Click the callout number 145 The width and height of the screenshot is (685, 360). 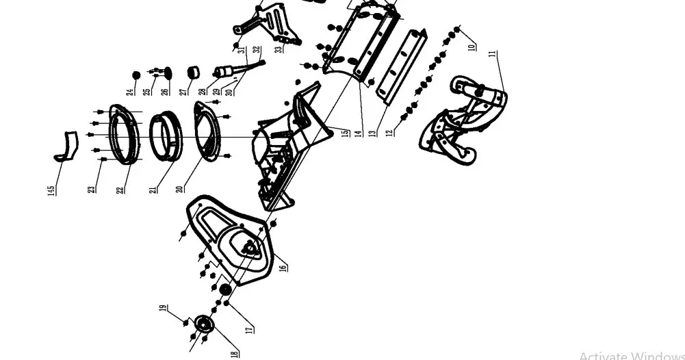pos(51,190)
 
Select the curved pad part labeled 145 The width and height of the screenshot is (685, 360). pos(66,146)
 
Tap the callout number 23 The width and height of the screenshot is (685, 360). pos(92,187)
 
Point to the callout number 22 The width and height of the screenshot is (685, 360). pos(121,187)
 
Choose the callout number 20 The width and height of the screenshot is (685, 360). pos(179,187)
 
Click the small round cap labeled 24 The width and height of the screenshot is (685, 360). pos(136,75)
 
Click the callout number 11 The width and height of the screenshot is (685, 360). pos(492,55)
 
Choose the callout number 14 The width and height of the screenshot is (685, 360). pos(358,131)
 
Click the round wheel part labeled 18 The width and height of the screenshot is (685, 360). pos(203,323)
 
